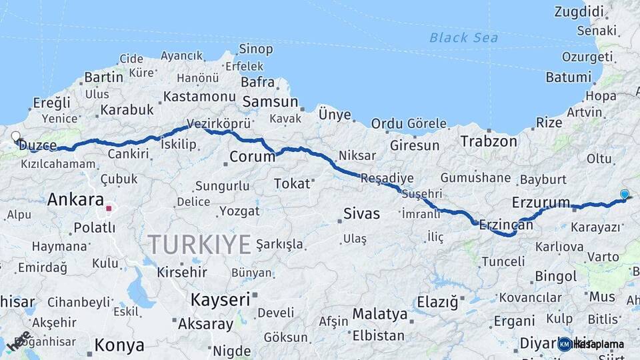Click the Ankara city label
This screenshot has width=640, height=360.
[75, 199]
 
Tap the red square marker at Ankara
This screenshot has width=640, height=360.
[108, 209]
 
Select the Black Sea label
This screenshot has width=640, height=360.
[463, 38]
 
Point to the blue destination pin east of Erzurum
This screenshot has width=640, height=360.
[624, 195]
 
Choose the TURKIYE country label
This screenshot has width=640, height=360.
[199, 244]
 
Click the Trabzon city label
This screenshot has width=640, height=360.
[489, 141]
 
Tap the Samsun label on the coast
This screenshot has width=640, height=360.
[270, 102]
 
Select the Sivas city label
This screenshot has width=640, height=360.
[361, 214]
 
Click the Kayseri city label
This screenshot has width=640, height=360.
[219, 300]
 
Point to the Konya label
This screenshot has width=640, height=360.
[119, 345]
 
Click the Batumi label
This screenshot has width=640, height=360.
[569, 77]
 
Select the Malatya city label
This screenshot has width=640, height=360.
[379, 313]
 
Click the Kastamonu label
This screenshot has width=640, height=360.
[199, 97]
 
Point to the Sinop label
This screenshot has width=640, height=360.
[256, 49]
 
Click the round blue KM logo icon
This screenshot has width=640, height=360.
[565, 344]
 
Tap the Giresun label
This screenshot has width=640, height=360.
[415, 145]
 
